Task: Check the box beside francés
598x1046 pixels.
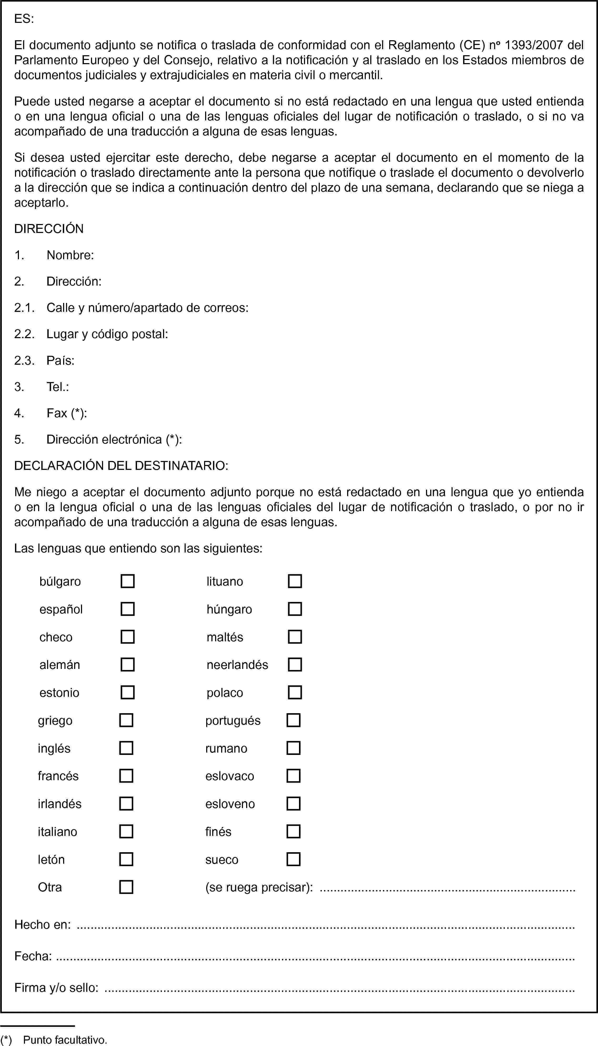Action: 126,776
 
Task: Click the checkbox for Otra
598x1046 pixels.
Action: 126,887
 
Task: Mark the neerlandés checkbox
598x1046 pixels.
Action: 295,664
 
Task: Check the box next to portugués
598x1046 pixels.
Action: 293,720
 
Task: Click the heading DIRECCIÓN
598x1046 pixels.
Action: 49,229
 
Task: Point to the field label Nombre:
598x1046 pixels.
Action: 70,255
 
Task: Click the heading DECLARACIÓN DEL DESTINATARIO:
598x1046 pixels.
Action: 121,465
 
